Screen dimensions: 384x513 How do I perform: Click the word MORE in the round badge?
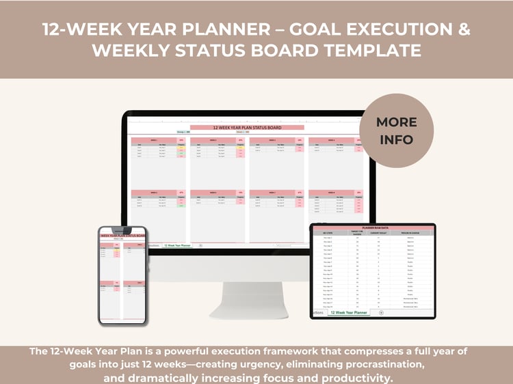pos(397,122)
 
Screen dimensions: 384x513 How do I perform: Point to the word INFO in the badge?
pos(397,139)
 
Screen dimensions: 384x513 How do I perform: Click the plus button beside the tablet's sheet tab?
pos(381,312)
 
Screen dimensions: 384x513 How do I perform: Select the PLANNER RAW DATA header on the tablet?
pos(373,227)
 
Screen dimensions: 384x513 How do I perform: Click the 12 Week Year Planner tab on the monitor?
pos(177,245)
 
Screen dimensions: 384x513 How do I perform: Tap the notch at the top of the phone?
pos(122,230)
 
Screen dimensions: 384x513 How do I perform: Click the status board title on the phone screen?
pos(122,236)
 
